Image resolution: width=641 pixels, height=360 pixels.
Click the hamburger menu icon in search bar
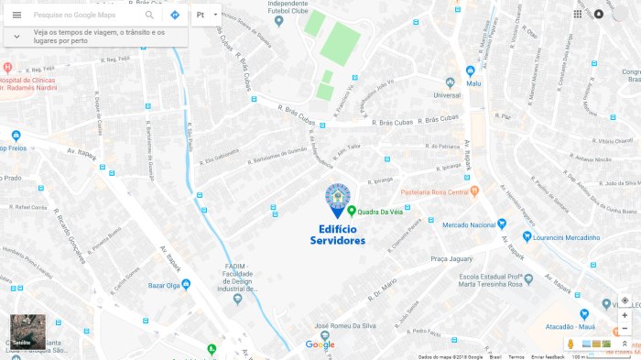point(16,16)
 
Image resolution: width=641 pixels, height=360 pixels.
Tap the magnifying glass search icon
point(149,16)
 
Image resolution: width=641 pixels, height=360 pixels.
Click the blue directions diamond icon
point(174,16)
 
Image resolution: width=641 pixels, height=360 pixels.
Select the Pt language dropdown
point(206,16)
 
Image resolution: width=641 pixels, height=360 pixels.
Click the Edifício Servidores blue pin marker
point(338,201)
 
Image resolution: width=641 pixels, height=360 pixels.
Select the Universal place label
point(446,94)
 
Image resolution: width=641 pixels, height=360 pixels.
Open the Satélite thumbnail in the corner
point(27,332)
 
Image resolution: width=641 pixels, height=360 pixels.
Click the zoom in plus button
point(625,315)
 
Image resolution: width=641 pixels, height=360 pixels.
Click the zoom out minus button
point(625,328)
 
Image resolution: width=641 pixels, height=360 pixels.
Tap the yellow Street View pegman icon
point(570,344)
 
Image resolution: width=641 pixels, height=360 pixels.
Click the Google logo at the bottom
point(320,344)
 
